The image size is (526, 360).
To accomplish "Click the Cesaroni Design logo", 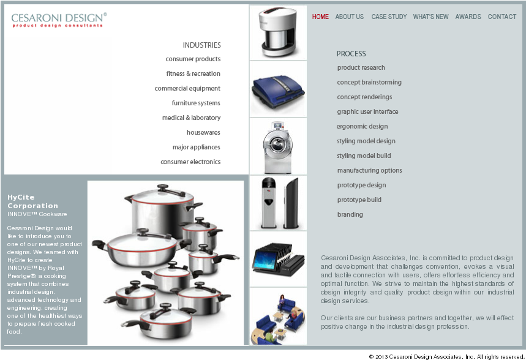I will tap(59, 20).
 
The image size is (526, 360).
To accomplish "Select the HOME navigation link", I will tap(320, 17).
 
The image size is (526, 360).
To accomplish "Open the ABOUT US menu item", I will tap(349, 17).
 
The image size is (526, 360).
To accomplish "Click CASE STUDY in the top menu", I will tap(389, 17).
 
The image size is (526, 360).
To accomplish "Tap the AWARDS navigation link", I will tap(468, 17).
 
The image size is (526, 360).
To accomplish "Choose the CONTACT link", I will tap(502, 17).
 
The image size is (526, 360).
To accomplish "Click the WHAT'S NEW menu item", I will tap(430, 17).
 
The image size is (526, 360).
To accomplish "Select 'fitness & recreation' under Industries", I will tap(193, 74).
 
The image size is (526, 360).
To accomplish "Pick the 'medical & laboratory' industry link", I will tap(191, 118).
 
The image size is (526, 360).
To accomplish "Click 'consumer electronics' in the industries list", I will tap(190, 162).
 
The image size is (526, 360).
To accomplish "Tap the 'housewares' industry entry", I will tap(203, 133).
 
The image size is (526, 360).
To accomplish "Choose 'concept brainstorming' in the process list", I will tap(369, 83).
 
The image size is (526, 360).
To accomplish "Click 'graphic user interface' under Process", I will tap(367, 112).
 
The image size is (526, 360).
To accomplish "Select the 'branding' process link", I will tap(350, 215).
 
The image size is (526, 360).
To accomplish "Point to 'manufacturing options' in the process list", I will tap(369, 171).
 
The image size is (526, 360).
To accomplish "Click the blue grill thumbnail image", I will tap(278, 89).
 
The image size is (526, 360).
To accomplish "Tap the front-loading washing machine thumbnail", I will tap(278, 146).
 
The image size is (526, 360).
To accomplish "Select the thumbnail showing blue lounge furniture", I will tap(278, 317).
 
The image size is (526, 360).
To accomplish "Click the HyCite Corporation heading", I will tap(32, 201).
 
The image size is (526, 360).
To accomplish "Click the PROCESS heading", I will tap(351, 54).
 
